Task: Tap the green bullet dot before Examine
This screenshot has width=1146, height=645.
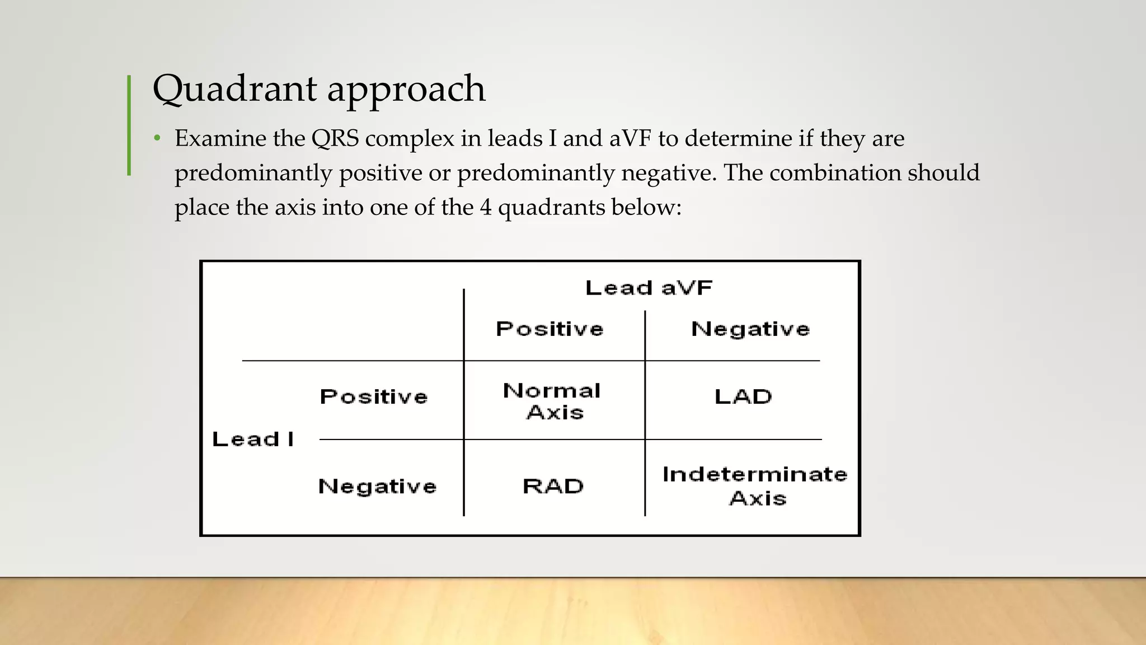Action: pos(157,138)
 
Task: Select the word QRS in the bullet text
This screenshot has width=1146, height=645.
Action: pos(335,138)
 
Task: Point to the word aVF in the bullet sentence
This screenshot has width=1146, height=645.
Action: pos(630,138)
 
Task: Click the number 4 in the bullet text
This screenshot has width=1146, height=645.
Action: pos(485,207)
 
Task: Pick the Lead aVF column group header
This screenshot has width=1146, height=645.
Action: pos(649,288)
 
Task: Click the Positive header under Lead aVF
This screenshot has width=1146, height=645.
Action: pos(549,329)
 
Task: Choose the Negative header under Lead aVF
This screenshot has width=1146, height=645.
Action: pos(750,329)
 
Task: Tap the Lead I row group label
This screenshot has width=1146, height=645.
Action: pos(253,440)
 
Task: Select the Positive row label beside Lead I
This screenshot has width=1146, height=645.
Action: pos(374,397)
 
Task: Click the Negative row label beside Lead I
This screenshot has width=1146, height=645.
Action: pos(377,487)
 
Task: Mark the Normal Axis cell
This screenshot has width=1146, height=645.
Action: pos(553,401)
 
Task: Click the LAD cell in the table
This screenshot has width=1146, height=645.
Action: pos(743,397)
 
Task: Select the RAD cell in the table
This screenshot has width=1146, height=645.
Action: pos(553,487)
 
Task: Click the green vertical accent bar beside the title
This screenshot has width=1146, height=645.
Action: pos(129,125)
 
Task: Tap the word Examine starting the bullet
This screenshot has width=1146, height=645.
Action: pos(220,138)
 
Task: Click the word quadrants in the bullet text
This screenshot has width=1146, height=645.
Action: pos(551,207)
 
